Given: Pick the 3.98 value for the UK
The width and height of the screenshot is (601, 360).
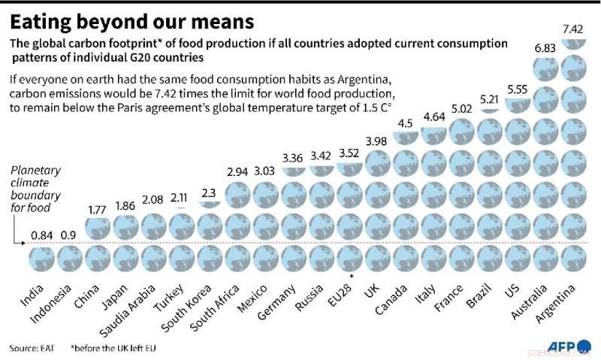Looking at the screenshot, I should pyautogui.click(x=376, y=143).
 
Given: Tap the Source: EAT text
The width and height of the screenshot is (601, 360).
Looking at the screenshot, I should pyautogui.click(x=35, y=348).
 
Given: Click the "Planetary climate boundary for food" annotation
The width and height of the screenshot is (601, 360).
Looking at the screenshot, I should pyautogui.click(x=35, y=190).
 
